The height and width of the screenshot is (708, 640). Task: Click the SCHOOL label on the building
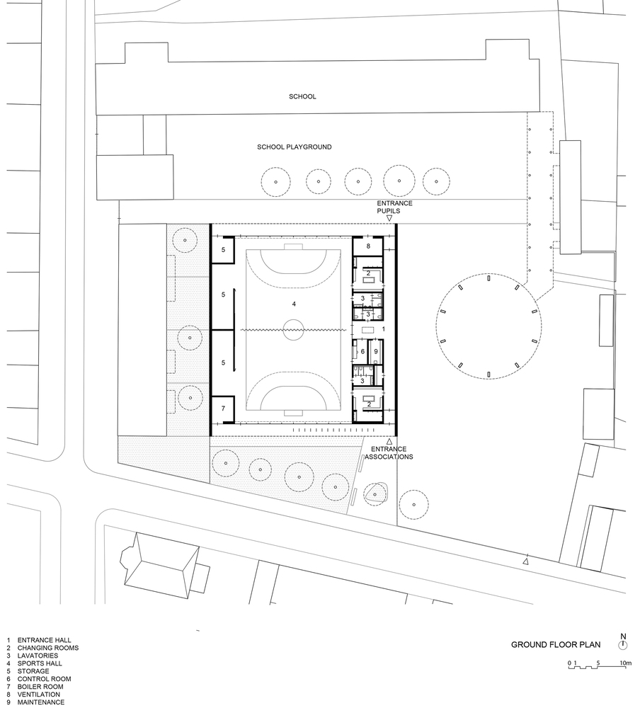pos(302,96)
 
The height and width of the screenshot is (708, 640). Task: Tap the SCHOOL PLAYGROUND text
pos(295,147)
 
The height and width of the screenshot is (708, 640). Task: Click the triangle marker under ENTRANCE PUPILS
pos(389,219)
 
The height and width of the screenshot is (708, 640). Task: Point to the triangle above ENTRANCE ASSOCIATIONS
pos(389,441)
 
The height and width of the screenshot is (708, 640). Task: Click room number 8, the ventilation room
pos(368,246)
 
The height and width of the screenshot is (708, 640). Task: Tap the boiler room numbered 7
pos(223,409)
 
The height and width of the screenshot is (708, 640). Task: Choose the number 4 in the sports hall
pos(294,304)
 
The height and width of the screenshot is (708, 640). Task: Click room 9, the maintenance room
pos(376,351)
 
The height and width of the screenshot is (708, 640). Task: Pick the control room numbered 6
pos(362,351)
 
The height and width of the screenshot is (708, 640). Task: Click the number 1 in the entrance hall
pos(384,329)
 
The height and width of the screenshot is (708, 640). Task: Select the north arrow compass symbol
pos(623,646)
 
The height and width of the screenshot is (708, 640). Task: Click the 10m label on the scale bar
pos(626,663)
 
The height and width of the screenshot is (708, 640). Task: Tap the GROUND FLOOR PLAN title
pos(556,645)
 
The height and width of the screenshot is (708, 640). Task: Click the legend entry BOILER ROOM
pos(40,687)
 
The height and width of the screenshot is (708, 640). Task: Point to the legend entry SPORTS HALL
pos(40,663)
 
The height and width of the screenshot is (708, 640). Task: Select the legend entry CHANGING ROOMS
pos(48,648)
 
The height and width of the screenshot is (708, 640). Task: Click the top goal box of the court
pos(294,247)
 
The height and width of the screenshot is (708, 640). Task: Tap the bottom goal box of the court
pos(294,413)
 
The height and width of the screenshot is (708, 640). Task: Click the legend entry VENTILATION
pos(39,695)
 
